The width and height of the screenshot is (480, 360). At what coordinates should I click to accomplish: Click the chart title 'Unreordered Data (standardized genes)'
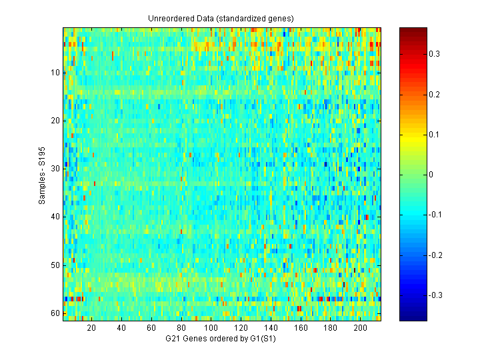(x=221, y=18)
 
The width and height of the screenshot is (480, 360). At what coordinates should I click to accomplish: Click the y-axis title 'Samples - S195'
(x=41, y=175)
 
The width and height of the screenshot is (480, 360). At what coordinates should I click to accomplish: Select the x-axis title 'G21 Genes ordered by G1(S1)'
(x=221, y=339)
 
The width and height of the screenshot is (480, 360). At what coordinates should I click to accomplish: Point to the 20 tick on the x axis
(x=91, y=321)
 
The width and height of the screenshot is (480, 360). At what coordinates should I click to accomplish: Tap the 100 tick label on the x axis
(x=211, y=328)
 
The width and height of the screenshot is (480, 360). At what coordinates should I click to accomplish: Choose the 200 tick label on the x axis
(x=360, y=328)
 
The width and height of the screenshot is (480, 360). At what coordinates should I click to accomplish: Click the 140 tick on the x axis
(x=271, y=321)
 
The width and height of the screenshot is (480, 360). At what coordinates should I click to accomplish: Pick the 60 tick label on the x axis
(x=151, y=328)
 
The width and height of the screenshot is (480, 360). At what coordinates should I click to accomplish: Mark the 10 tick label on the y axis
(x=55, y=72)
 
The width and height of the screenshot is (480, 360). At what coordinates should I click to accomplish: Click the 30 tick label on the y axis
(x=55, y=169)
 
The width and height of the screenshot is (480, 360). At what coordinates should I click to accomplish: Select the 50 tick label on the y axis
(x=55, y=265)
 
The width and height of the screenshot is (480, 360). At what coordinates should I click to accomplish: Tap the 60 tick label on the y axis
(x=55, y=313)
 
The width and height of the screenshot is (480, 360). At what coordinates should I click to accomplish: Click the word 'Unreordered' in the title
(x=169, y=18)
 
